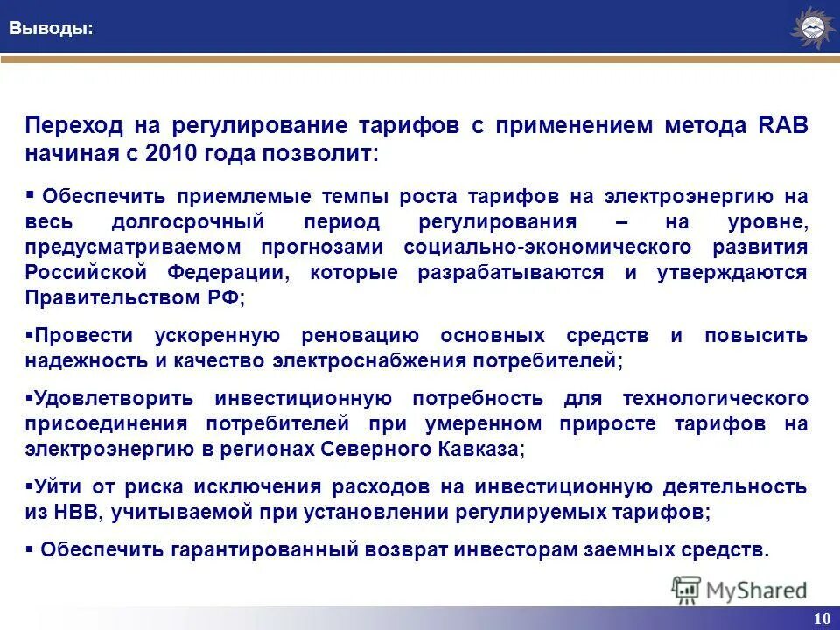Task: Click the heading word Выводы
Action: (51, 28)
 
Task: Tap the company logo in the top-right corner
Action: (812, 28)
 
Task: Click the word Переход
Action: (73, 125)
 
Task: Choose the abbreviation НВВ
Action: (78, 513)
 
